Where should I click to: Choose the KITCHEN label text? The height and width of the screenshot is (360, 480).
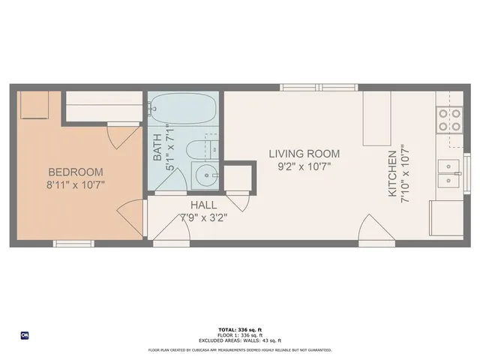pos(391,174)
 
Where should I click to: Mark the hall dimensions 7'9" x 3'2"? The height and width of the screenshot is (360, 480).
pos(204,218)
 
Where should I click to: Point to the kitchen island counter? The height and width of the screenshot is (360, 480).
pos(376,118)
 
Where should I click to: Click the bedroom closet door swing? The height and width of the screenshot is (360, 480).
pos(115,136)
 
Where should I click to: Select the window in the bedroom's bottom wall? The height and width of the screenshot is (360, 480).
pos(73,243)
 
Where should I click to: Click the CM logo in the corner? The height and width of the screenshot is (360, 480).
pos(25,335)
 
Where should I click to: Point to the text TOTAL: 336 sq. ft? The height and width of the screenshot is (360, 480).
pos(239,329)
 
